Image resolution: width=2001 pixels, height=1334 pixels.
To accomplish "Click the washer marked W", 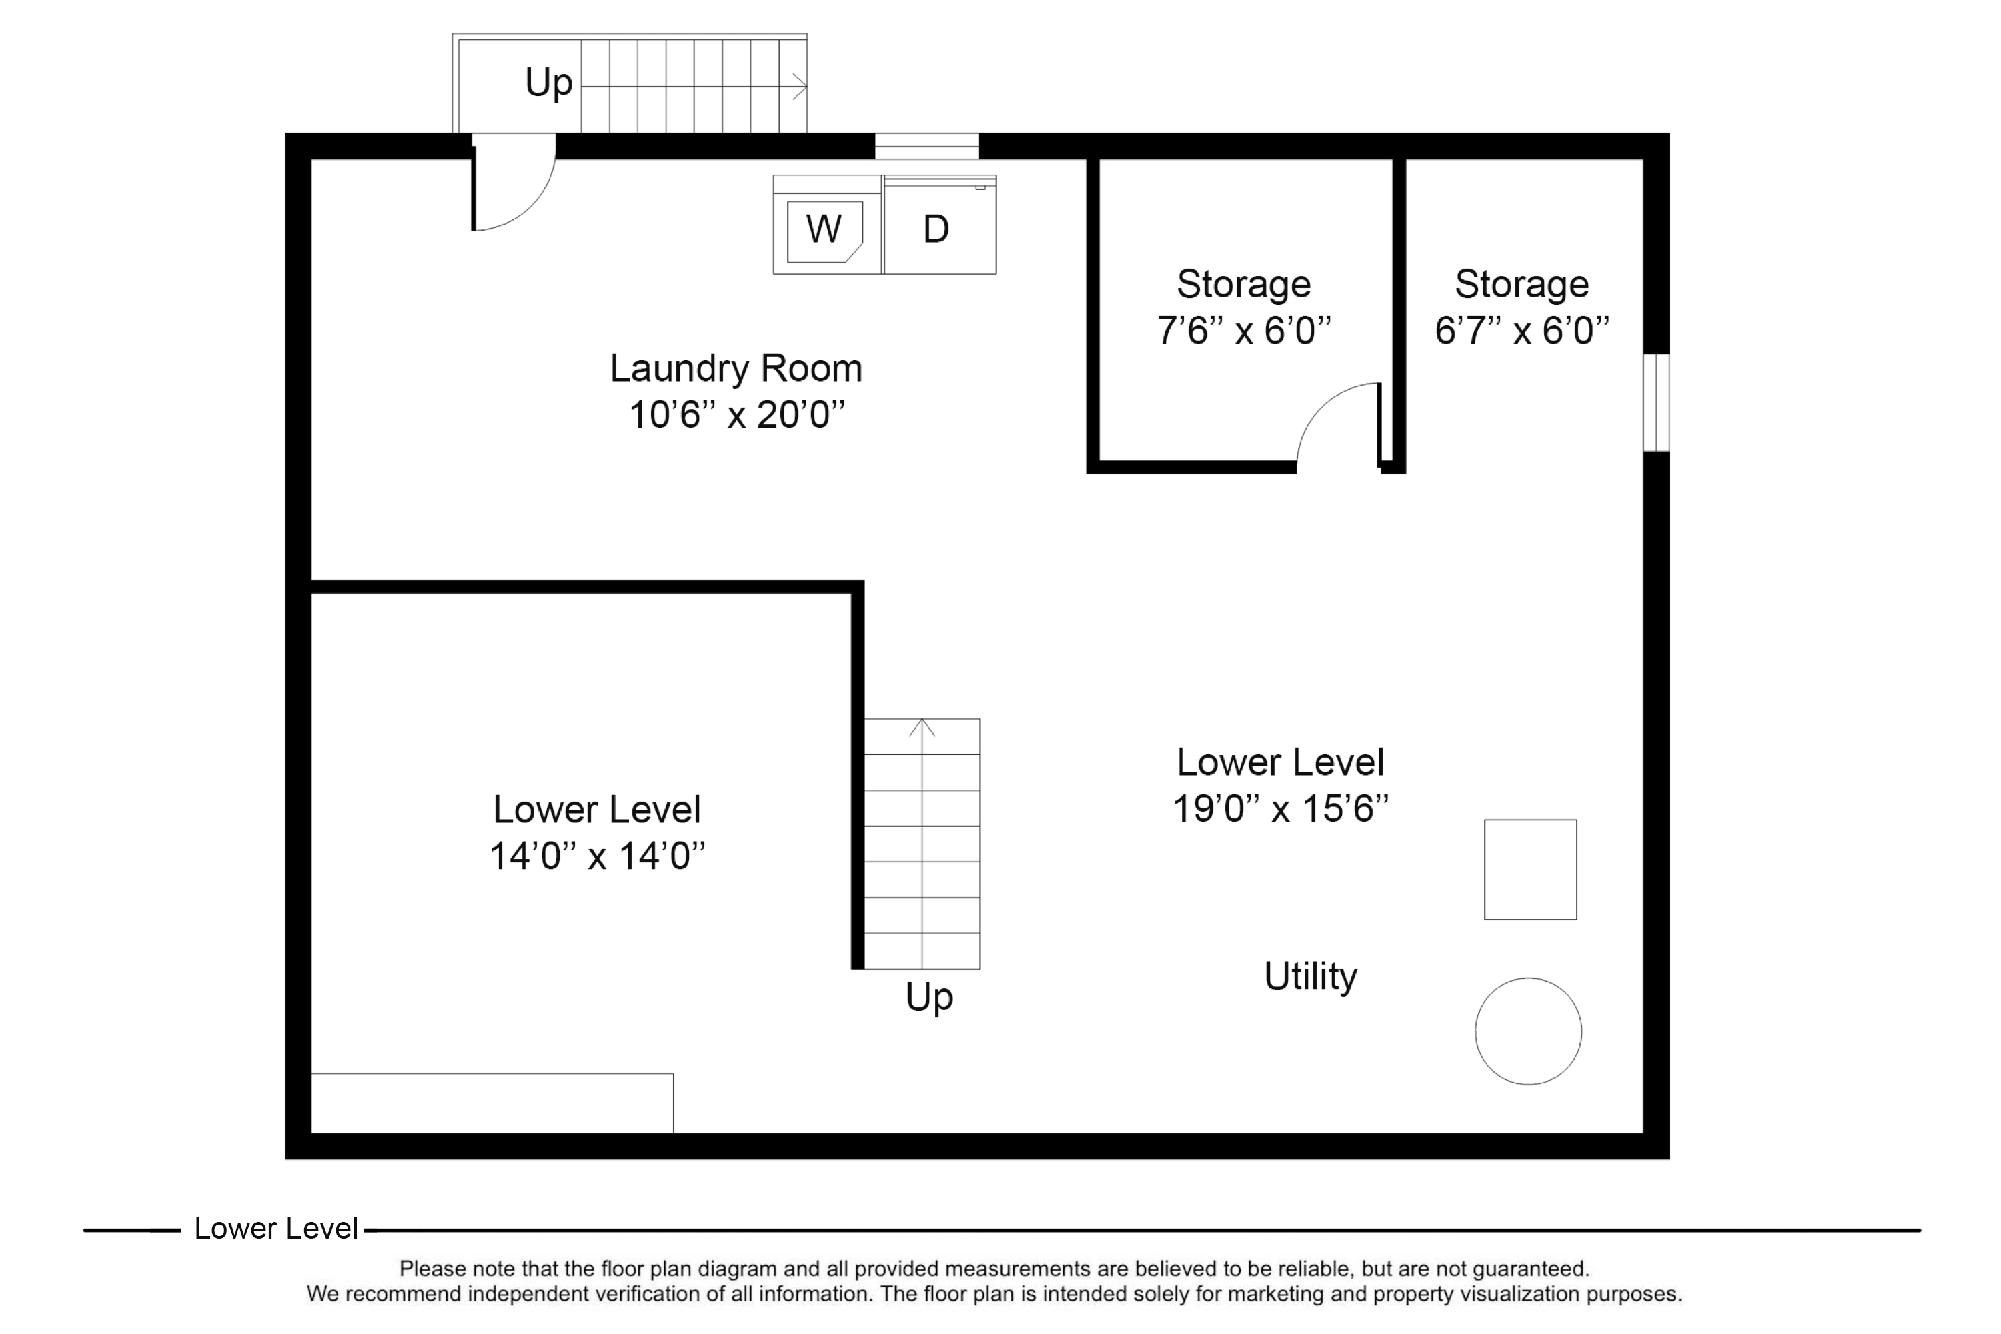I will pos(824,229).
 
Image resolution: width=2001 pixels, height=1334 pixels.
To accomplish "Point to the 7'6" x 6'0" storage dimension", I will pos(1243,330).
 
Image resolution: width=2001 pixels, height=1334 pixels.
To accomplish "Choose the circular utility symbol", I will pos(1528,1031).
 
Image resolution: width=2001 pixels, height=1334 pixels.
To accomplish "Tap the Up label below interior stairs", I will pos(928,997).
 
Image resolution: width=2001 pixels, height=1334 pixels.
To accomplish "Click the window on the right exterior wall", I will pos(1655,402).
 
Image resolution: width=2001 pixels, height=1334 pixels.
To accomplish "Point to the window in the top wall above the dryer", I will pos(926,146).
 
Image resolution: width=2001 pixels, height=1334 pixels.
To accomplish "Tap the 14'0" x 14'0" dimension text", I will pos(597,856).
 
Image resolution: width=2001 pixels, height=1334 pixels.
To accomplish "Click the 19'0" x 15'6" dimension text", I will pos(1281,808).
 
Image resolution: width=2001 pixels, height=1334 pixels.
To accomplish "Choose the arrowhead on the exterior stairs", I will pos(800,86).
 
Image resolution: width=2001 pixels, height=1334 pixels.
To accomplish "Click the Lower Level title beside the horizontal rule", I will pos(275,1229).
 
